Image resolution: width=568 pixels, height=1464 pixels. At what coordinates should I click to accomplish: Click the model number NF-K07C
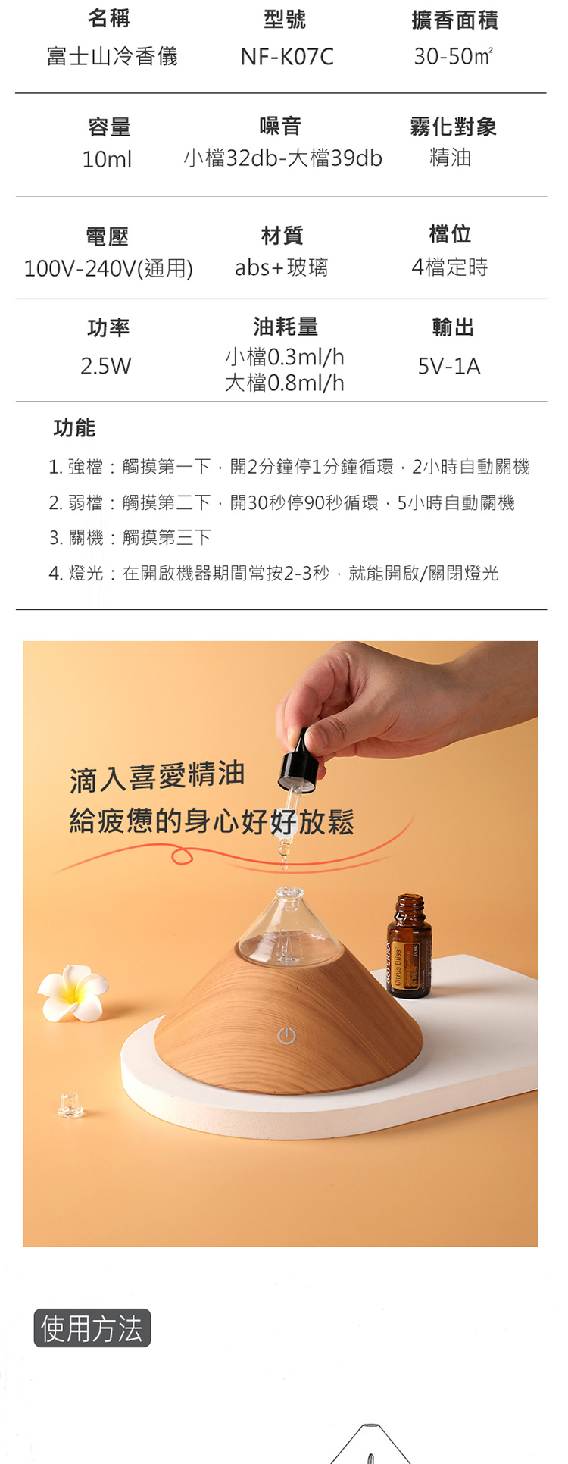click(x=286, y=57)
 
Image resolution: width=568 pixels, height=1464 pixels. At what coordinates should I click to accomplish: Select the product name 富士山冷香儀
click(x=112, y=57)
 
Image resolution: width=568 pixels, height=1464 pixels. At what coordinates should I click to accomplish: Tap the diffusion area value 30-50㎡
click(x=453, y=57)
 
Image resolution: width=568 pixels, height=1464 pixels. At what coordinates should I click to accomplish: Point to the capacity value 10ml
click(x=107, y=159)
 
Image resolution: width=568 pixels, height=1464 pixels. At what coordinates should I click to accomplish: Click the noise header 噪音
click(x=281, y=126)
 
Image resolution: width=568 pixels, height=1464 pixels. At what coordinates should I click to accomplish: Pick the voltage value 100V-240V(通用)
click(x=108, y=268)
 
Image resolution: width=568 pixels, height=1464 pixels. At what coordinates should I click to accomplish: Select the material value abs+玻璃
click(x=281, y=267)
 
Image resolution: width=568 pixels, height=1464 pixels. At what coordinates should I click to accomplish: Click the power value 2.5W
click(x=106, y=366)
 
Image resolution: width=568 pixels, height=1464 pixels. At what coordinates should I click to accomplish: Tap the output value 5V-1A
click(x=449, y=367)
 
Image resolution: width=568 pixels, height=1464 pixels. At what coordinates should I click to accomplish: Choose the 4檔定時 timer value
click(x=450, y=267)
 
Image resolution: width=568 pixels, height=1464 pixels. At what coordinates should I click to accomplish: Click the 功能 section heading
click(x=74, y=428)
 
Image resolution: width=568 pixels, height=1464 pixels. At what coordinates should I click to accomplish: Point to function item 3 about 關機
click(x=130, y=538)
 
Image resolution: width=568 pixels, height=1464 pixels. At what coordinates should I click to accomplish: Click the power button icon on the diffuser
click(x=286, y=1036)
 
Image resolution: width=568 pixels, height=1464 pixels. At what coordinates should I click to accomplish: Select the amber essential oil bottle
click(x=409, y=945)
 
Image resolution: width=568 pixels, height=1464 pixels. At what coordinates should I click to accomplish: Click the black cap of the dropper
click(x=301, y=760)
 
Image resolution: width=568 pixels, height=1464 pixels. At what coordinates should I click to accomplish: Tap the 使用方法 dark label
click(x=92, y=1328)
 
